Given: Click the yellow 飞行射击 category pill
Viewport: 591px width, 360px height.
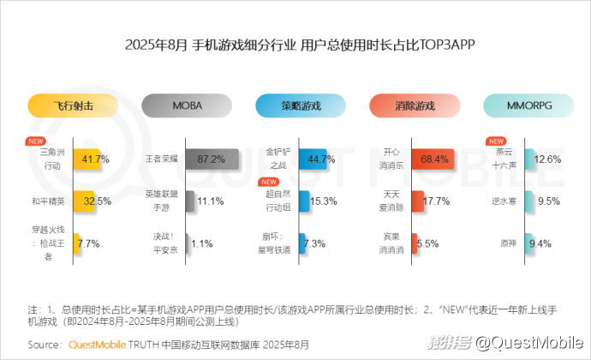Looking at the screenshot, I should click(72, 106).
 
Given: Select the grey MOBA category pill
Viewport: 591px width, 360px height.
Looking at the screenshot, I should click(187, 106).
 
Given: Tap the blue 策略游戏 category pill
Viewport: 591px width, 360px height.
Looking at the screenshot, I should click(301, 106).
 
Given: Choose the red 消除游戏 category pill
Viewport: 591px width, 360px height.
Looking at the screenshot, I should click(415, 106).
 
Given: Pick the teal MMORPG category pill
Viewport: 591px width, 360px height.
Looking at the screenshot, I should click(528, 106).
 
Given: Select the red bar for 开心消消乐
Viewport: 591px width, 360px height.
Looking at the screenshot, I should click(430, 159).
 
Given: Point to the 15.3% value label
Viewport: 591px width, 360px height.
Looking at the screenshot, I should click(322, 201).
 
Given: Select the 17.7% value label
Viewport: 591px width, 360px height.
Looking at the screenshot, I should click(437, 201).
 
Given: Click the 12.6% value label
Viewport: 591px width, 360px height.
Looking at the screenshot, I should click(547, 159).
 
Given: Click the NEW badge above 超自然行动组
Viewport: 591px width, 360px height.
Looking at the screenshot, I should click(269, 183).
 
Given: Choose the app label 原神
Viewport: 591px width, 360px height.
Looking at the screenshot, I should click(509, 243).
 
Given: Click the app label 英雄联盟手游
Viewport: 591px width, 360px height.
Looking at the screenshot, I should click(161, 201).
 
